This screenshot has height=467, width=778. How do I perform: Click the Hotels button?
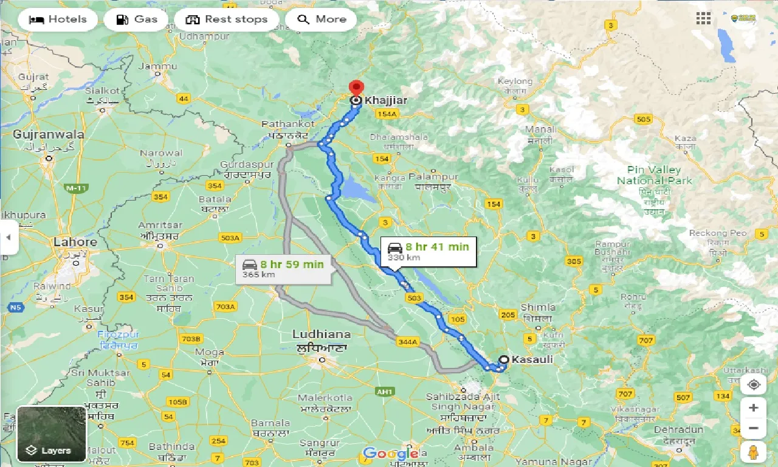(58, 19)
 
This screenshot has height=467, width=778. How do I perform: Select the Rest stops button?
(226, 19)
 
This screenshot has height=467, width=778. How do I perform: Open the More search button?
(322, 19)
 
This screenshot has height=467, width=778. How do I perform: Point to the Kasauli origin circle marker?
(503, 360)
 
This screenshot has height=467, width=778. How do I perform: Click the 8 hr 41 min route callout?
(429, 251)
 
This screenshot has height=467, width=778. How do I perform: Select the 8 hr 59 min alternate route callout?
(283, 269)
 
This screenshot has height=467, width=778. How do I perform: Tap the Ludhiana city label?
(321, 334)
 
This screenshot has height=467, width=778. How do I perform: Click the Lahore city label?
(75, 242)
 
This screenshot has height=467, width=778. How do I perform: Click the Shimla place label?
(537, 307)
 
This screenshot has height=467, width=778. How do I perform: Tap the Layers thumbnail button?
(52, 434)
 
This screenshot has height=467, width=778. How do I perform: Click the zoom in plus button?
(753, 408)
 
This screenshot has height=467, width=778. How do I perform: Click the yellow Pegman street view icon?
(753, 452)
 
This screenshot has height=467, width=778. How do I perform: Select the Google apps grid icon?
(703, 19)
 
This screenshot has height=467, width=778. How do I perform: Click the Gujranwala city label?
(49, 134)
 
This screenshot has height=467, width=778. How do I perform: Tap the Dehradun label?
(679, 429)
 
